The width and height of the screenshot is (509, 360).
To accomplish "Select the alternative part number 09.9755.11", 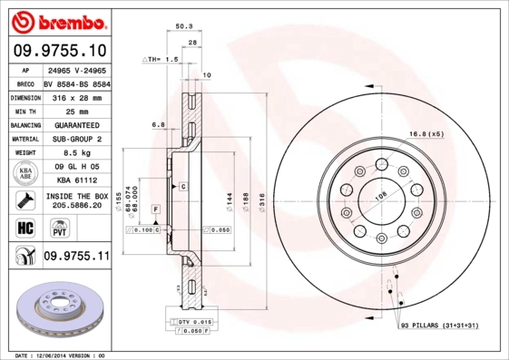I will [76, 258].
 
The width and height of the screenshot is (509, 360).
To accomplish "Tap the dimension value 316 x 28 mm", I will [76, 96].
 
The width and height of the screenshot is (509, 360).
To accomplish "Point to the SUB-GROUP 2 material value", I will [76, 140].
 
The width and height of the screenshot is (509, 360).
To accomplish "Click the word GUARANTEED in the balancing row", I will [76, 125].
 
